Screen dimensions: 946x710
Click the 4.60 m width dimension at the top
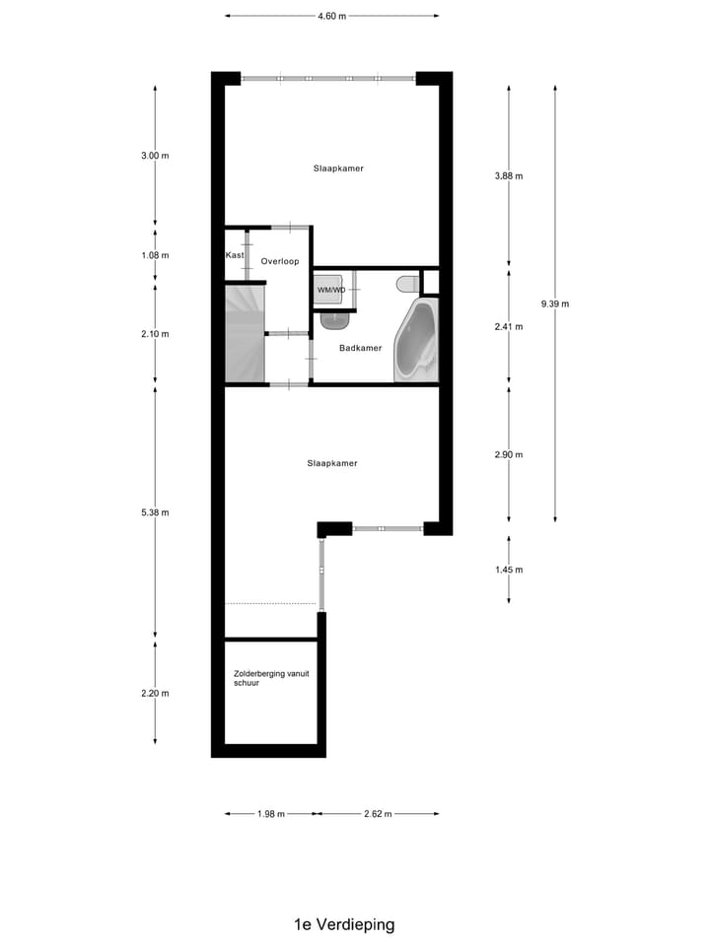pyautogui.click(x=331, y=16)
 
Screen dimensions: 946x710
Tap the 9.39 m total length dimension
pyautogui.click(x=555, y=304)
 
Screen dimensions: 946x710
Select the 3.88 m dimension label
pyautogui.click(x=508, y=176)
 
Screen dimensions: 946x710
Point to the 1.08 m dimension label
pyautogui.click(x=155, y=255)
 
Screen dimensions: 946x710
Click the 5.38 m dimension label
pyautogui.click(x=155, y=512)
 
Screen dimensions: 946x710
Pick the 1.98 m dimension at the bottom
pyautogui.click(x=270, y=814)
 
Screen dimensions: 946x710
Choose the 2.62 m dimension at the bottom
pyautogui.click(x=378, y=814)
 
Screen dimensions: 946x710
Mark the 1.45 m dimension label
pyautogui.click(x=508, y=570)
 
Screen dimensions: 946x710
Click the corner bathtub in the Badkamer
pyautogui.click(x=416, y=342)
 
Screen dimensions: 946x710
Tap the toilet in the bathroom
pyautogui.click(x=405, y=284)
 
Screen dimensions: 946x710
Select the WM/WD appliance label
pyautogui.click(x=331, y=290)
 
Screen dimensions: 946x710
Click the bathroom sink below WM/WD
pyautogui.click(x=334, y=319)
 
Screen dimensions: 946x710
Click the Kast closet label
pyautogui.click(x=235, y=255)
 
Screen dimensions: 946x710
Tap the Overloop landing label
pyautogui.click(x=280, y=261)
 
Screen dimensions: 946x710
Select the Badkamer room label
pyautogui.click(x=360, y=348)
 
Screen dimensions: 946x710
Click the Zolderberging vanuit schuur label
pyautogui.click(x=265, y=678)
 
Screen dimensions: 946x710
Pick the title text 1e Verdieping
pyautogui.click(x=344, y=924)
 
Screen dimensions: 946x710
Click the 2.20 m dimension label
pyautogui.click(x=155, y=693)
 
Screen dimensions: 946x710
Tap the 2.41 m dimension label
pyautogui.click(x=508, y=327)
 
